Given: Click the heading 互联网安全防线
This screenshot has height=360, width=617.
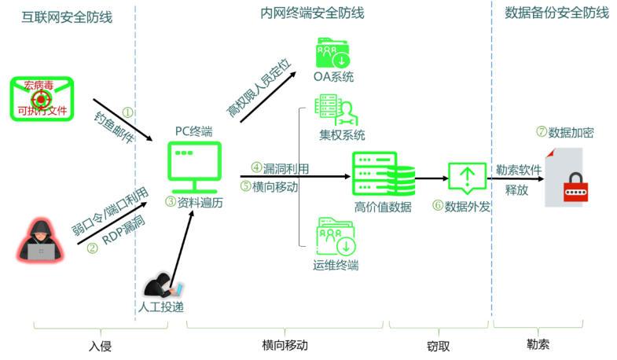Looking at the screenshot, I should (x=67, y=17).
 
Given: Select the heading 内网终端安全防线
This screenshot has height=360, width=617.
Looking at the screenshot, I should (x=312, y=13).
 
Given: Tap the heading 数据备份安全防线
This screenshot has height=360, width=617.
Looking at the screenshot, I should (x=556, y=13).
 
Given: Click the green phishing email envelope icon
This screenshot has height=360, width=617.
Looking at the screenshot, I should (x=42, y=98).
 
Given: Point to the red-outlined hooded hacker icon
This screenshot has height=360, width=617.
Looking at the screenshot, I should (x=40, y=241).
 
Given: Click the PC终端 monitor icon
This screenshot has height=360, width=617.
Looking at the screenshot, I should (x=194, y=167).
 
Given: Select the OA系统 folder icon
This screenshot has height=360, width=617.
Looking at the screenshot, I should (x=332, y=53).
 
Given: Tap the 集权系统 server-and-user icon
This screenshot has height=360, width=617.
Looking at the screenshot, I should (x=336, y=110).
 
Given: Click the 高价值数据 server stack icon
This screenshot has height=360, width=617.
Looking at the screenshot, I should (x=383, y=174).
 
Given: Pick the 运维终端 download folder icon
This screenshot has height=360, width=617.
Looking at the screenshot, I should (x=336, y=237).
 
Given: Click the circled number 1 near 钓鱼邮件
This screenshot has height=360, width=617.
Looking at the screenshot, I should (x=127, y=112).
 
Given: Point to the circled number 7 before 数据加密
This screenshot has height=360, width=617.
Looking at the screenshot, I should (x=542, y=131).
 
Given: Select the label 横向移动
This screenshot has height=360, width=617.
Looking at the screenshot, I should (x=275, y=186).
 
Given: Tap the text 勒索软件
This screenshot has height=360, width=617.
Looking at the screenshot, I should (x=519, y=170).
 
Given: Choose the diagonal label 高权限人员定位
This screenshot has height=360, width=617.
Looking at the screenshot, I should (x=259, y=87).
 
